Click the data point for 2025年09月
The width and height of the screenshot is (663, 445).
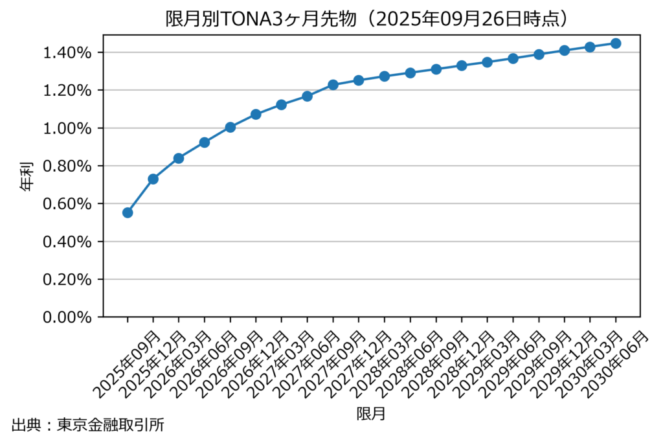128,212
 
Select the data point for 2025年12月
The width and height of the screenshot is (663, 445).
153,179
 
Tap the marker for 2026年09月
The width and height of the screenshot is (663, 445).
230,127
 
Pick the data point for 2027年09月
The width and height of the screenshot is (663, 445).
333,85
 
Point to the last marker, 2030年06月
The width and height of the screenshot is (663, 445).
616,43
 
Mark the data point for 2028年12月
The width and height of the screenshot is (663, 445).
462,65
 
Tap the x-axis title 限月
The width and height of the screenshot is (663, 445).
371,413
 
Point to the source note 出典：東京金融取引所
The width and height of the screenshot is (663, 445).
87,426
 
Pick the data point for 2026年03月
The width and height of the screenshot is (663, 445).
179,158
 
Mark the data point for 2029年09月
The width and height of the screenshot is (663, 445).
539,54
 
